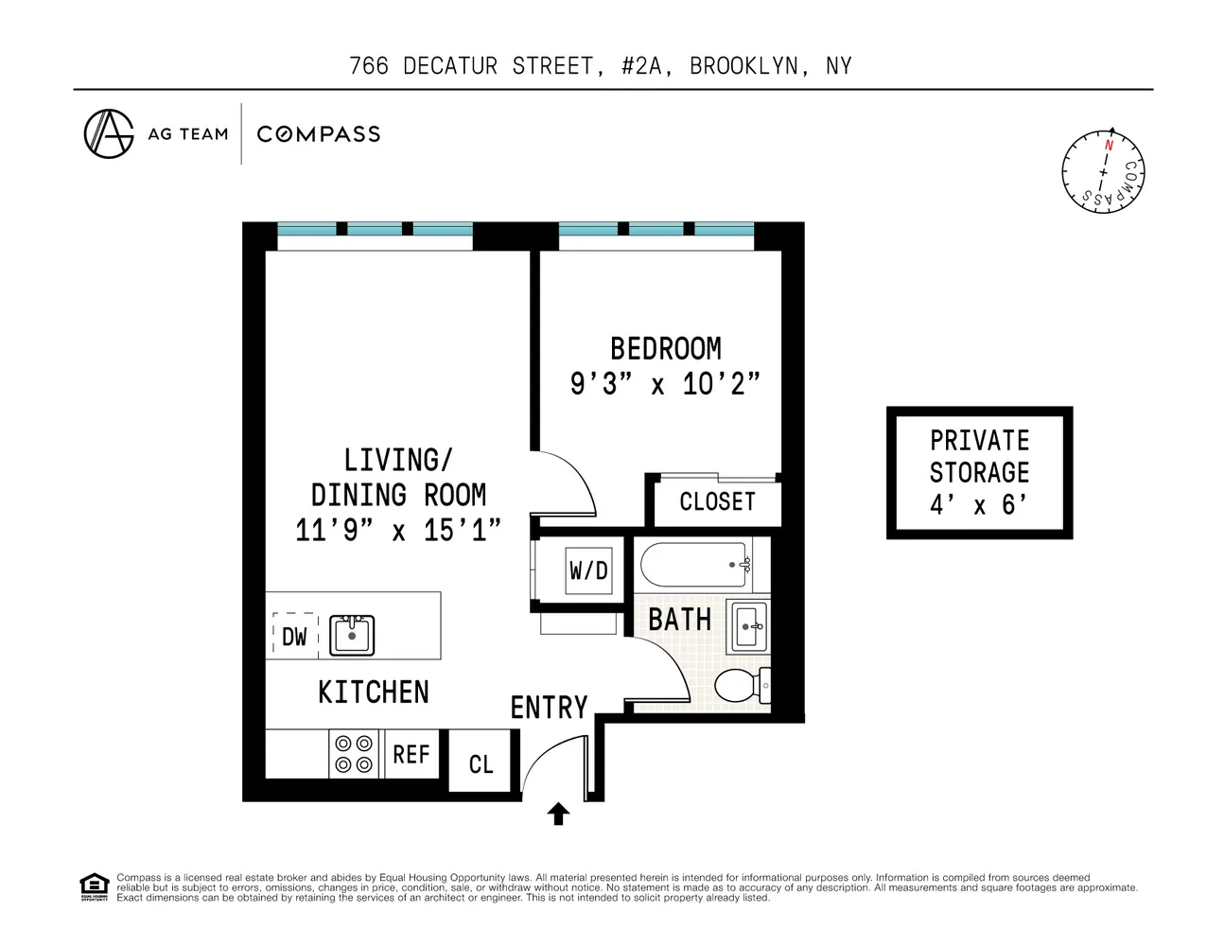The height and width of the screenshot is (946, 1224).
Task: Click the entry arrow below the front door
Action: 558,814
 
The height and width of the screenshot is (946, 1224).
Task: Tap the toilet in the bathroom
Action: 741,685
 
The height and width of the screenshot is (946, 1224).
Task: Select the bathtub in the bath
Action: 694,565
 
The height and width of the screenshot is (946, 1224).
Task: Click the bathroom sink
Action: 748,626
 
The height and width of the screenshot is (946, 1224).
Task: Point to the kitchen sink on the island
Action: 352,635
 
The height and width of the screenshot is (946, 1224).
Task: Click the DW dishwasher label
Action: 294,637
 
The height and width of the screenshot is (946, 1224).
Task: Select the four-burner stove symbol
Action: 354,754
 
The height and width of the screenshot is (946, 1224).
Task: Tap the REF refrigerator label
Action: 411,755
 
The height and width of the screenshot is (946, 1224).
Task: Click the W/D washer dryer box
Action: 587,570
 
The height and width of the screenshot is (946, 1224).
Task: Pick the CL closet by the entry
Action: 481,764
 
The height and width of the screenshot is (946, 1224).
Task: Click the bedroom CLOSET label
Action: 717,501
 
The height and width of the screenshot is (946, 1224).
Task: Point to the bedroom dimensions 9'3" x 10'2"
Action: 665,384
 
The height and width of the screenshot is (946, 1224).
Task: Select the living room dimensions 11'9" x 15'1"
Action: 397,530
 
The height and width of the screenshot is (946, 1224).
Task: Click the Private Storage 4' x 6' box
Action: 979,473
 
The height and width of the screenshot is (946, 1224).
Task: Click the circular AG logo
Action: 109,133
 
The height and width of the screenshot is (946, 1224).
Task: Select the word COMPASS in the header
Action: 319,134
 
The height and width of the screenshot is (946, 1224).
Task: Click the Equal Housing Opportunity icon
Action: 94,887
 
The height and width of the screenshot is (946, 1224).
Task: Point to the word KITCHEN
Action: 374,692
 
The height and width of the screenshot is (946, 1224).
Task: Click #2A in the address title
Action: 641,66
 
